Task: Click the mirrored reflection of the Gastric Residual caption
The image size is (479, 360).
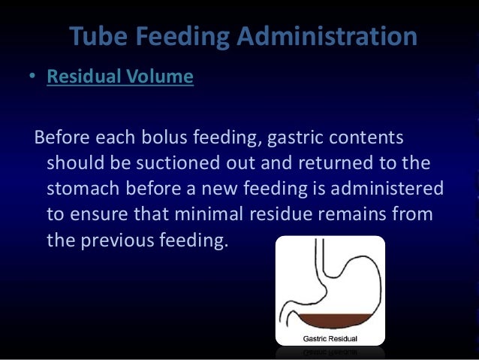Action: click(330, 351)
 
